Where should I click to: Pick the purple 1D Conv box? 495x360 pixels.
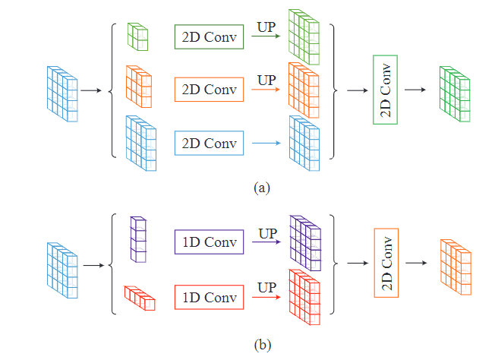[x=209, y=243]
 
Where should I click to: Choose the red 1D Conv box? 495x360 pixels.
[x=209, y=296]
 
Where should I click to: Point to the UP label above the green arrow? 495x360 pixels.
[x=266, y=27]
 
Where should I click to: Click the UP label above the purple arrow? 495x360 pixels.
[x=266, y=233]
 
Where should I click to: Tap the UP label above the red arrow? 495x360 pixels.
[x=266, y=286]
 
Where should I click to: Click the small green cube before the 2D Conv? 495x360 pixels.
[x=137, y=36]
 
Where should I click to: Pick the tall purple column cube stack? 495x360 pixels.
[x=139, y=239]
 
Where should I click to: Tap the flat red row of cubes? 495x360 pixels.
[x=140, y=298]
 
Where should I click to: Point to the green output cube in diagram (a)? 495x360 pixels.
[x=454, y=93]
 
